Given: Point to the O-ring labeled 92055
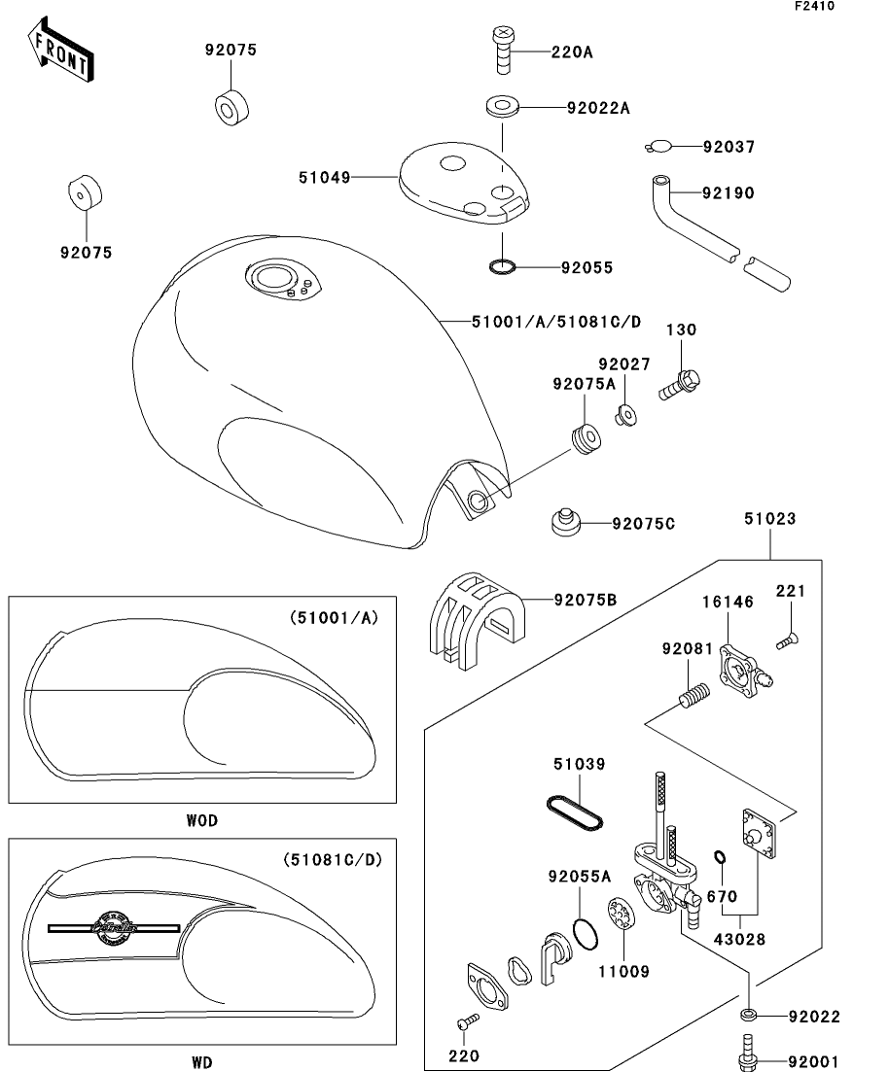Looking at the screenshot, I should tap(502, 265).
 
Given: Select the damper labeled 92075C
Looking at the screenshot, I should tap(563, 521).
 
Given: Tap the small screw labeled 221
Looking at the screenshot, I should tap(789, 639).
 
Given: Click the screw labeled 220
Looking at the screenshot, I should tap(467, 1022).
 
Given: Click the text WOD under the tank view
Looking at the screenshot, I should tap(201, 820).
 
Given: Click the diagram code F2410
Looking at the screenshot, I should tap(813, 6).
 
